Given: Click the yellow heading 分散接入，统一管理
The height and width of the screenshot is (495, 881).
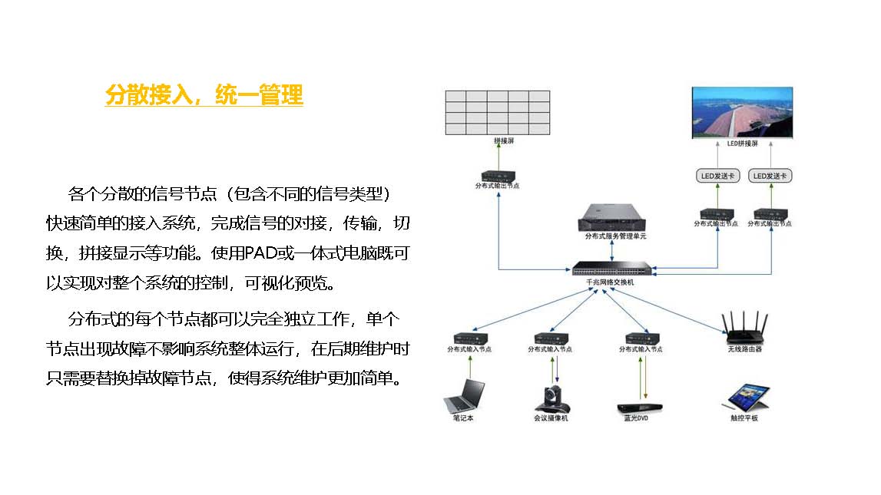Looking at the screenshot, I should point(204,95).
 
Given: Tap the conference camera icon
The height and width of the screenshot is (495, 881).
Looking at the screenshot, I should point(551,398).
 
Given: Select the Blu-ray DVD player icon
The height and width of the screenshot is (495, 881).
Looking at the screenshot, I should point(641,408).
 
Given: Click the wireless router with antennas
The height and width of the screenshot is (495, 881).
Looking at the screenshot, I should point(744,327).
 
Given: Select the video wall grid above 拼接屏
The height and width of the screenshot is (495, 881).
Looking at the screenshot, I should point(497,113).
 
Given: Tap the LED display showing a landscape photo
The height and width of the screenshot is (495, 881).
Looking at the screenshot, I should point(742,112).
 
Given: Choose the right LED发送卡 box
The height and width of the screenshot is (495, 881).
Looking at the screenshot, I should point(771,176).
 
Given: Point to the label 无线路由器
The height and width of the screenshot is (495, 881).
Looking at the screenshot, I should point(744,349).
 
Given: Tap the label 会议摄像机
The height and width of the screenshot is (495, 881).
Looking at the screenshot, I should point(551,418).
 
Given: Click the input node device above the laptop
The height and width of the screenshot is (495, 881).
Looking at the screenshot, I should point(469,338).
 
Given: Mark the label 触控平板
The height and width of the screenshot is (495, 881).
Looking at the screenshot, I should point(744,418).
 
